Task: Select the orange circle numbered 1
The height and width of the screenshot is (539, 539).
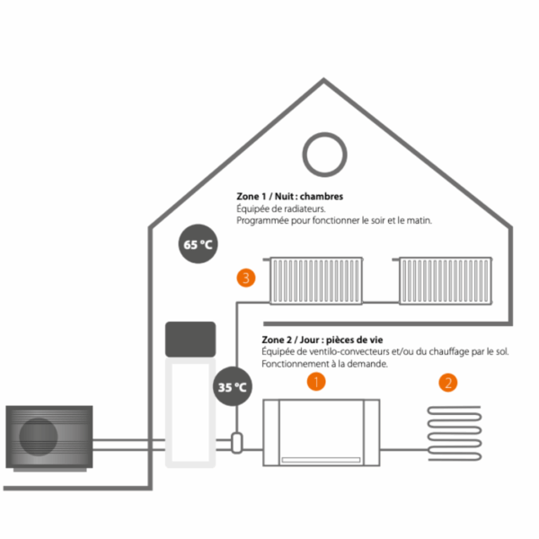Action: (x=315, y=382)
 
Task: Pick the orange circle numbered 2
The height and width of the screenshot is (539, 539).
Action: (x=447, y=383)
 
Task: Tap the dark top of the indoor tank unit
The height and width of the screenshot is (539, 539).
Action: (x=190, y=338)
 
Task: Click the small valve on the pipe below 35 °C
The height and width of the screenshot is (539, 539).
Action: (x=236, y=442)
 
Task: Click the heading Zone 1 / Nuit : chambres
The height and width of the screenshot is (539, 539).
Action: (x=289, y=196)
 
